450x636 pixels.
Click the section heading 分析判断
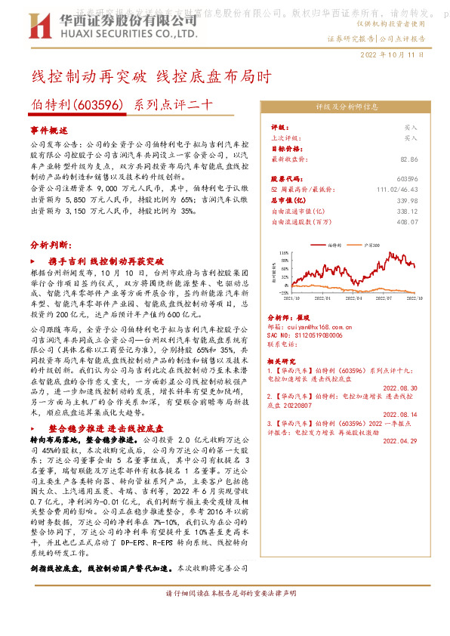pos(51,245)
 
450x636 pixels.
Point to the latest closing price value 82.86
pos(408,159)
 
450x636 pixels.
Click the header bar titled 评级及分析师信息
pos(342,107)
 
